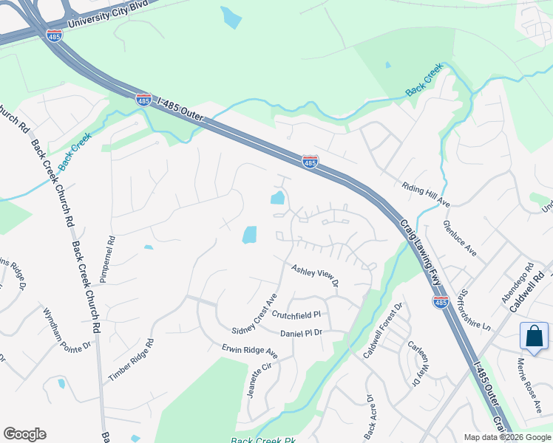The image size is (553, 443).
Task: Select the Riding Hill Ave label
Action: [x=426, y=195]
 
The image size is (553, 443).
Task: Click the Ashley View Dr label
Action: [x=314, y=275]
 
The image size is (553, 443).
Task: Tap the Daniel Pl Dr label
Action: [x=302, y=333]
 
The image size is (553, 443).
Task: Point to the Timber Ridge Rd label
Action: [x=131, y=360]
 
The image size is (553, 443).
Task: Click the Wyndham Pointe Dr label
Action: [x=67, y=329]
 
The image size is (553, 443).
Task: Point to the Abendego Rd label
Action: [x=518, y=284]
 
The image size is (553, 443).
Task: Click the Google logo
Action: [x=24, y=434]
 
